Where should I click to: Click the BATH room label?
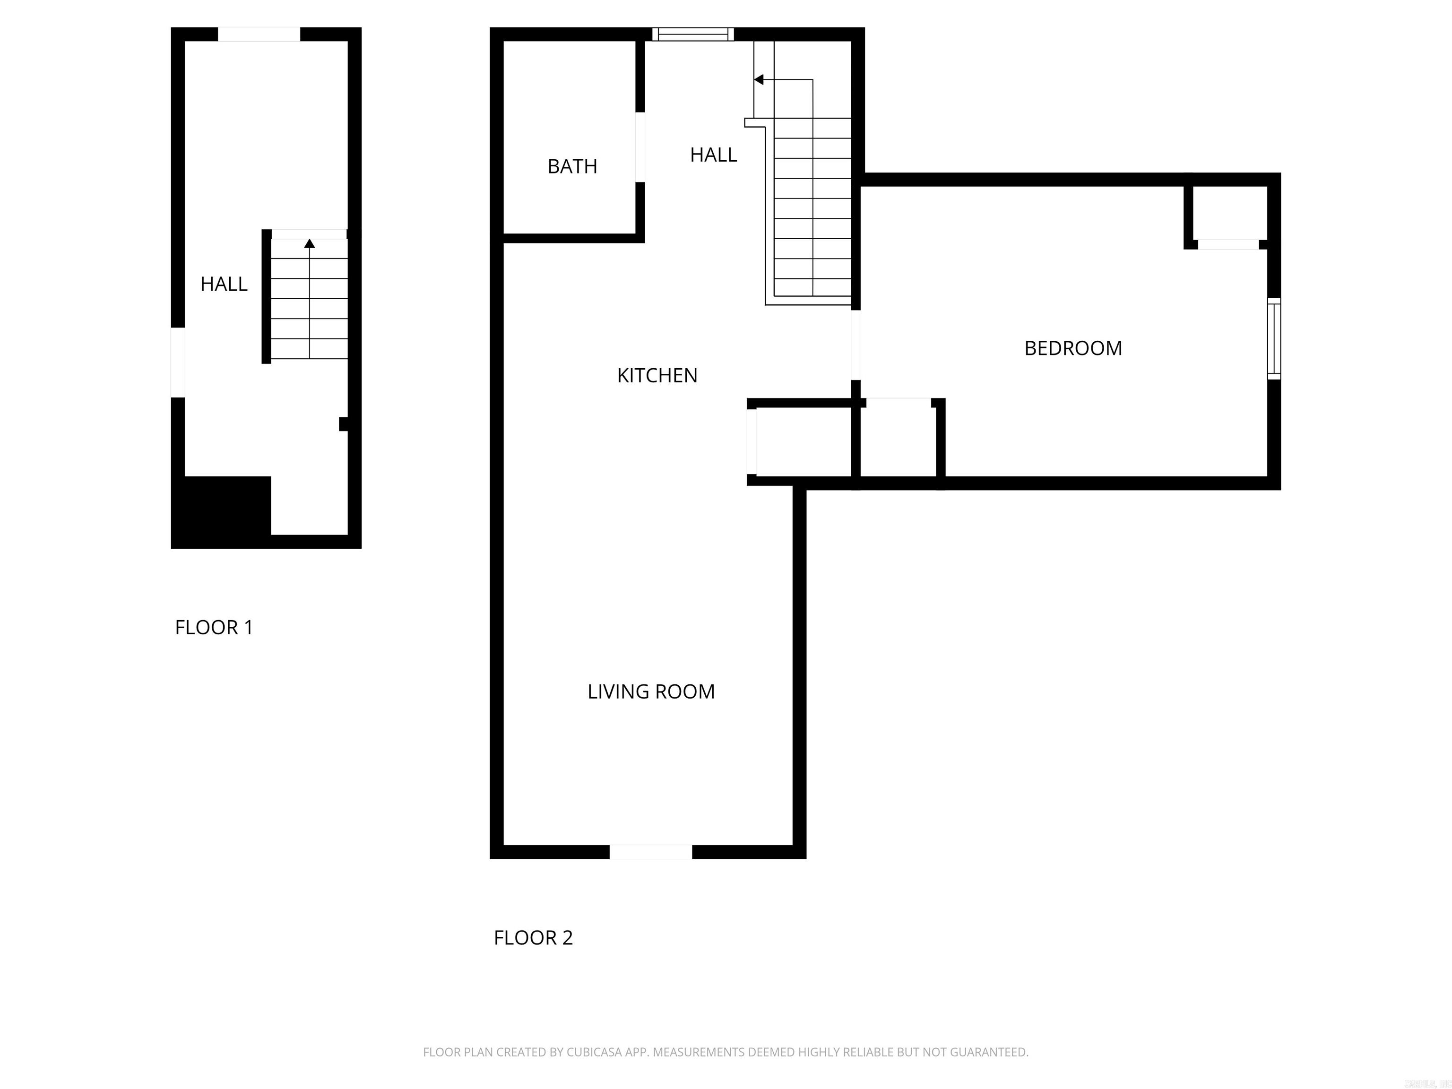point(572,167)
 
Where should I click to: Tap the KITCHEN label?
point(657,375)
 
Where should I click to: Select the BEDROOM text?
point(1073,348)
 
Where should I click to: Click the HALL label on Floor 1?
point(224,284)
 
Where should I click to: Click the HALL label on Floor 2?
point(714,155)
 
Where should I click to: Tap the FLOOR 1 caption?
point(214,628)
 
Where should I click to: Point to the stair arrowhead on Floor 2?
point(759,80)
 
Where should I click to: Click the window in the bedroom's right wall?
point(1273,339)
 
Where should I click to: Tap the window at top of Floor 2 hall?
point(693,34)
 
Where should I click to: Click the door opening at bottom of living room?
point(650,852)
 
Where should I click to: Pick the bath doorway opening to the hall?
point(640,147)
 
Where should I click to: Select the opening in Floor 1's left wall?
point(178,363)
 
